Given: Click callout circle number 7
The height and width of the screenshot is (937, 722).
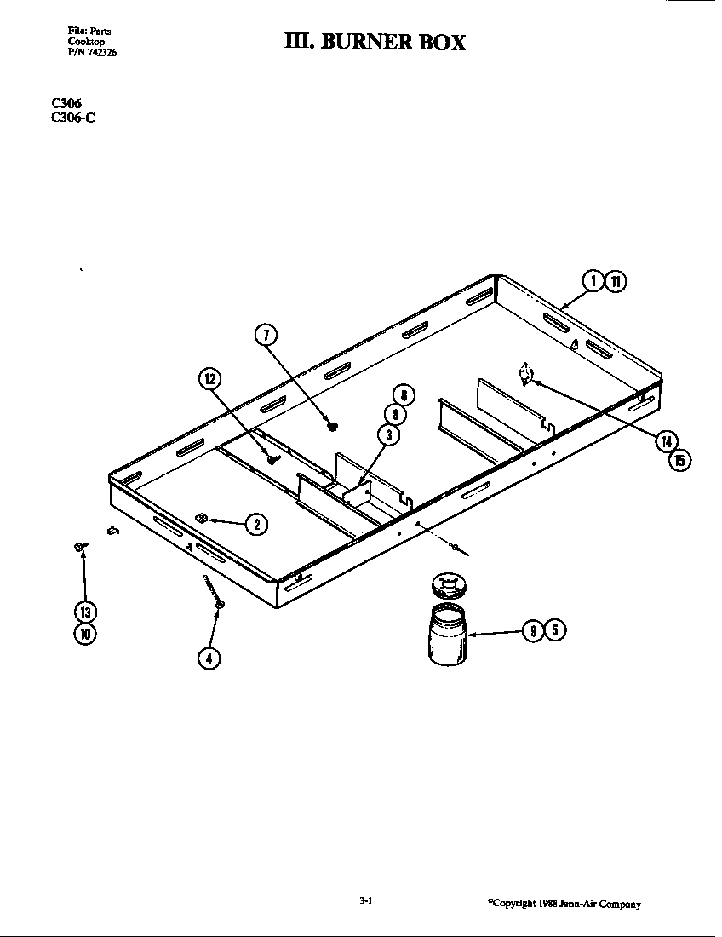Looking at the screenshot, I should (x=266, y=335).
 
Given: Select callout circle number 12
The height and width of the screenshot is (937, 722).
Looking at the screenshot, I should (x=209, y=379).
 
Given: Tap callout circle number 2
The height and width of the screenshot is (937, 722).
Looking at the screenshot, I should (x=255, y=524).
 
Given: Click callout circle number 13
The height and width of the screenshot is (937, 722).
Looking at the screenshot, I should (x=85, y=612).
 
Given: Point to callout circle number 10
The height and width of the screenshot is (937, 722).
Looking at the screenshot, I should (x=85, y=633).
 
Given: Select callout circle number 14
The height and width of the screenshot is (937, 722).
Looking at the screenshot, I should (x=668, y=440).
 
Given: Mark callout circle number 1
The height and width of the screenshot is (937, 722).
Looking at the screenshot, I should (x=593, y=280).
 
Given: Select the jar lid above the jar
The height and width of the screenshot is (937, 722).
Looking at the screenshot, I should (x=447, y=586).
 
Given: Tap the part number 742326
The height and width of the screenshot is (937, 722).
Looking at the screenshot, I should (x=92, y=51).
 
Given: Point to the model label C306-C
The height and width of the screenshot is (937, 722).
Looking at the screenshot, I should (x=72, y=118).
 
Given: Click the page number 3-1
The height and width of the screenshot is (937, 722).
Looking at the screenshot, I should (x=367, y=901).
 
